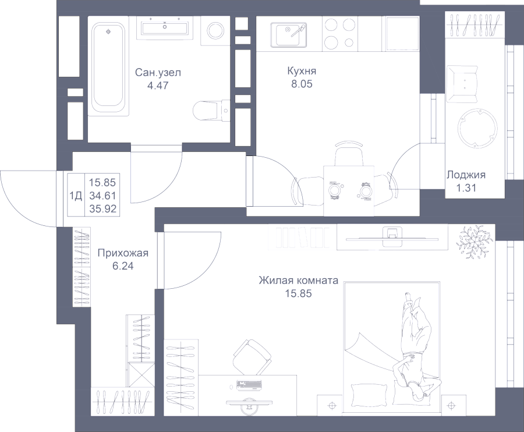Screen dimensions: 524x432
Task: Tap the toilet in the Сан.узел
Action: (x=211, y=110)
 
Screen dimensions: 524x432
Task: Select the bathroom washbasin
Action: (x=165, y=26)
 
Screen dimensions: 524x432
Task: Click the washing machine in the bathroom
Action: (x=215, y=31)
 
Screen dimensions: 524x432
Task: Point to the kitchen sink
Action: (x=289, y=35)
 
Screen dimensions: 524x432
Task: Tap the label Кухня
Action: (x=302, y=71)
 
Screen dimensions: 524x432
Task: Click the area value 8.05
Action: (x=302, y=84)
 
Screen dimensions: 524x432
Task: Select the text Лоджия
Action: (x=466, y=175)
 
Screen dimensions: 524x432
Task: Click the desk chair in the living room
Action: (x=252, y=356)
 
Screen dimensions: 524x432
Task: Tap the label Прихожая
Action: (x=123, y=253)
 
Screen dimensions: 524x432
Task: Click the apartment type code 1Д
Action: (x=76, y=196)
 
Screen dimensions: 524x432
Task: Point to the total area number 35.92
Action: (x=102, y=209)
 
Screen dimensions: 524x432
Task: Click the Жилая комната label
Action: (x=299, y=280)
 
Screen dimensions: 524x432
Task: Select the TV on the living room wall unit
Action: (x=392, y=236)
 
